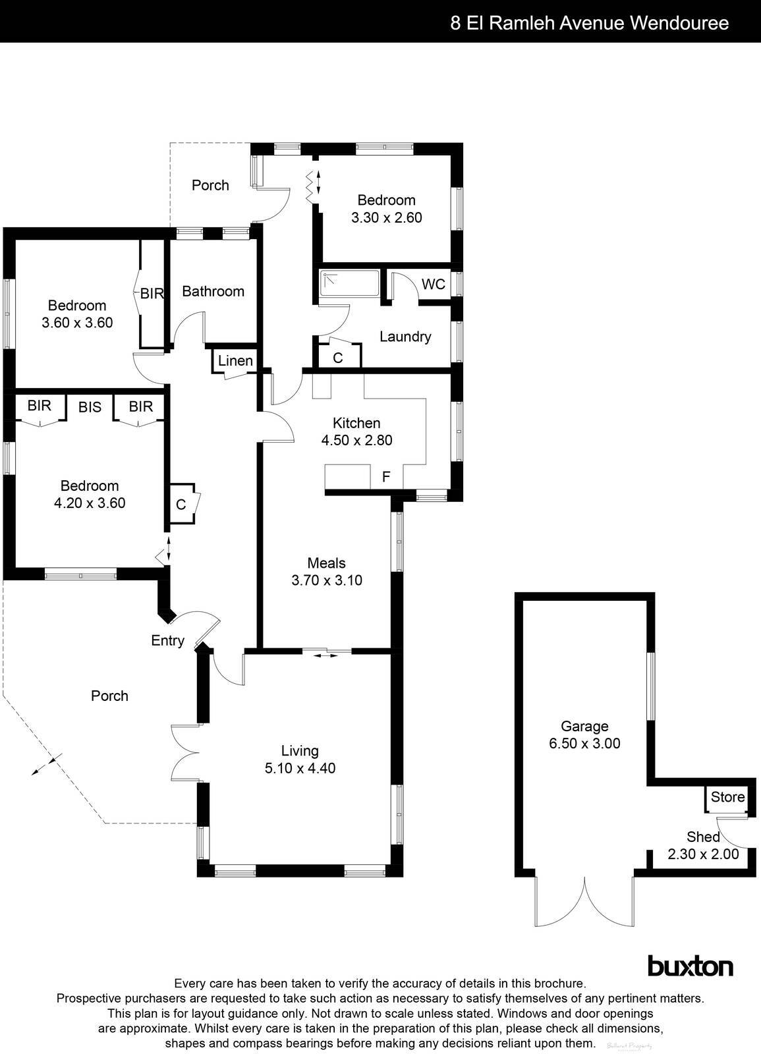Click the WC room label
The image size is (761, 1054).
(x=433, y=285)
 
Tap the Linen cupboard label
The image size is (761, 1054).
(x=235, y=360)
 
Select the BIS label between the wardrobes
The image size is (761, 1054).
(x=90, y=407)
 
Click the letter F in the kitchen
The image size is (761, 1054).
(x=386, y=476)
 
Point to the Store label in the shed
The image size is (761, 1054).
(x=727, y=797)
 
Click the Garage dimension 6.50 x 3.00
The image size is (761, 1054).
(x=584, y=744)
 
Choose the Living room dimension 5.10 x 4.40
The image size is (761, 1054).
(x=300, y=768)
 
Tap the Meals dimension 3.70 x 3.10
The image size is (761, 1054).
(x=326, y=580)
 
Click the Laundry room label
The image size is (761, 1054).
(x=405, y=337)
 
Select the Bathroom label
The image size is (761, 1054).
(x=213, y=291)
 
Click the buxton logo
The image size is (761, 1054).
(x=691, y=966)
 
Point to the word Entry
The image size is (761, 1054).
(x=167, y=640)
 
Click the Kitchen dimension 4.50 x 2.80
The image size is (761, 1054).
(x=356, y=440)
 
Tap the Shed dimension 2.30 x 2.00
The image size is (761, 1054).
(x=703, y=854)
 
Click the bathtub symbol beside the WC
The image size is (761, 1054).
(x=349, y=283)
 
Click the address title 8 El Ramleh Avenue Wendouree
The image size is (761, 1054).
(x=589, y=23)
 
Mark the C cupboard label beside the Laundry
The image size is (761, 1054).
(x=338, y=358)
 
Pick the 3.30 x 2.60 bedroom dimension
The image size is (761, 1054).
(x=386, y=217)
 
